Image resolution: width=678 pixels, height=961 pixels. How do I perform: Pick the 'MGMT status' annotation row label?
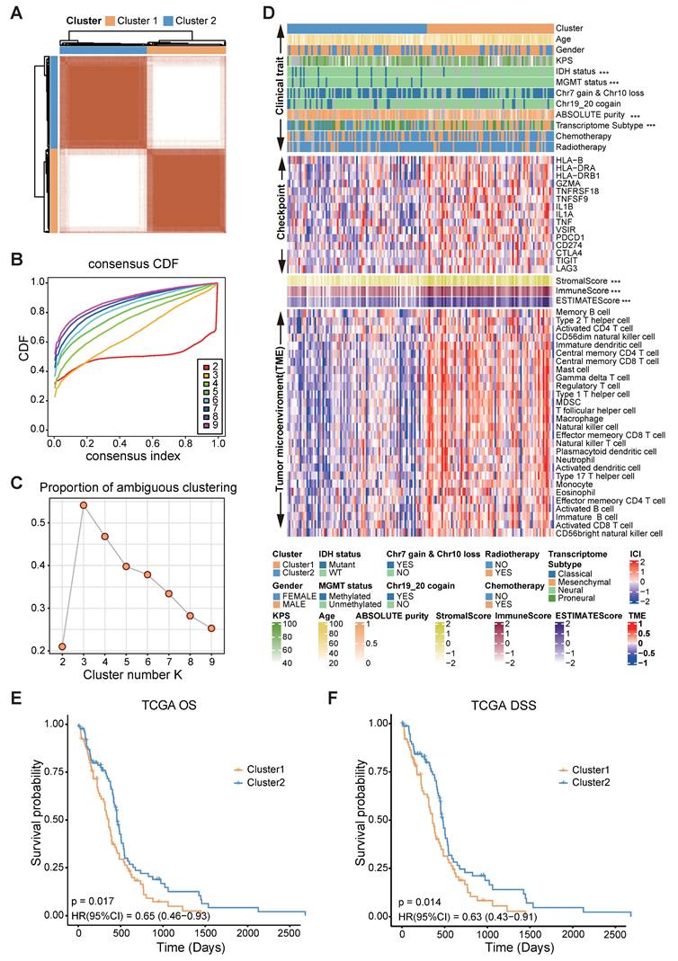(583, 82)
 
